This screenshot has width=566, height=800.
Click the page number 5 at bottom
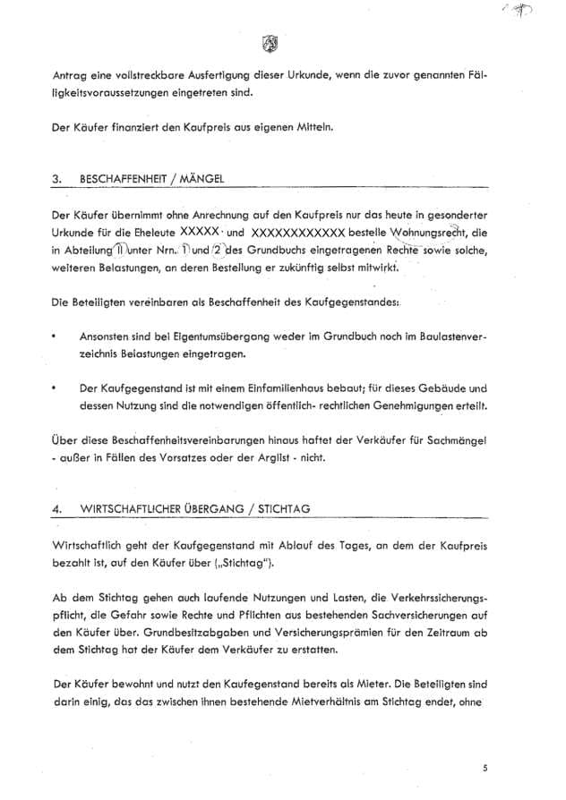485,767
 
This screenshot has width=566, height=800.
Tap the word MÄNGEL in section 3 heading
201,179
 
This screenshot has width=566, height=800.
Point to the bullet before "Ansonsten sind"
56,334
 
